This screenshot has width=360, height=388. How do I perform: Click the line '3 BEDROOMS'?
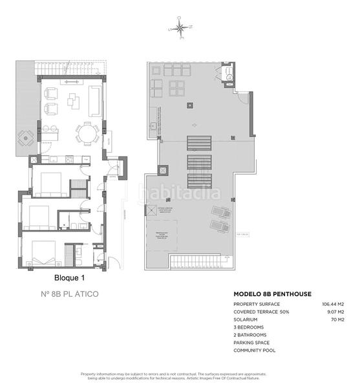[x=251, y=327]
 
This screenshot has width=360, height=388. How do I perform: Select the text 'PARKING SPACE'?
[x=253, y=343]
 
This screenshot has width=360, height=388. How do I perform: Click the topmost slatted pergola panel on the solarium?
[x=198, y=142]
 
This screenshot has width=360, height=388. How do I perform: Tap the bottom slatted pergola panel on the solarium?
[x=198, y=180]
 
